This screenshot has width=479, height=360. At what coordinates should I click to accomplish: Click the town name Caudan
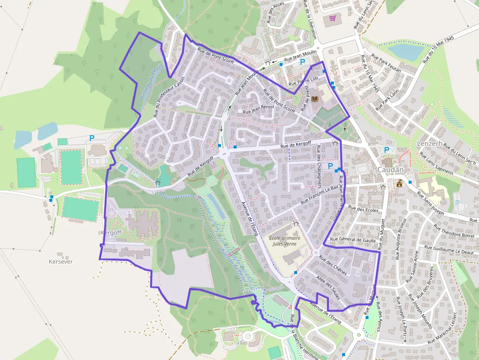[391, 169]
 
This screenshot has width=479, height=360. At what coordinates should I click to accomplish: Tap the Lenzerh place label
[430, 144]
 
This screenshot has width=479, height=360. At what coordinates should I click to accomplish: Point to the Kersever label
[61, 262]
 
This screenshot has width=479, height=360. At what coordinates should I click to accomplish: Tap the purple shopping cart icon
[333, 19]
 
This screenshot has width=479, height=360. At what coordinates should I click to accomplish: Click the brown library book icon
[315, 99]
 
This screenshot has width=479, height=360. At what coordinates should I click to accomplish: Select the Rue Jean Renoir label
[259, 108]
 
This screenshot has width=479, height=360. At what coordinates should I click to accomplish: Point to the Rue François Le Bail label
[320, 194]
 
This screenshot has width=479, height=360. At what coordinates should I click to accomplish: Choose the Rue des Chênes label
[332, 265]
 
